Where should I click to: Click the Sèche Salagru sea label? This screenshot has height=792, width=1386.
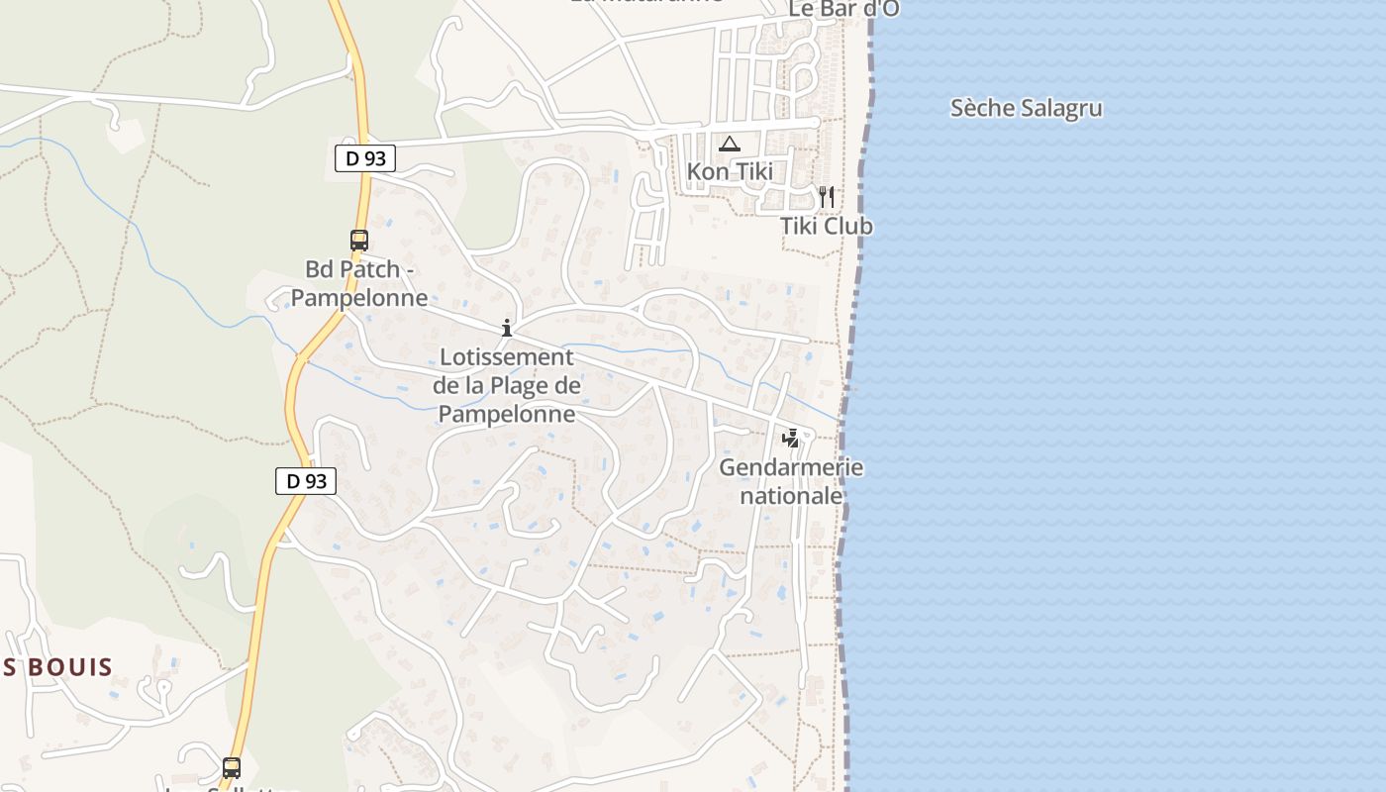point(1026,108)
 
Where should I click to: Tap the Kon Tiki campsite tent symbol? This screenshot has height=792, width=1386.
point(730,144)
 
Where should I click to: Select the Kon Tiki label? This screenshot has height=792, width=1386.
point(730,171)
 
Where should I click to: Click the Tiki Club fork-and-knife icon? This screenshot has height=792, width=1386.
point(827,197)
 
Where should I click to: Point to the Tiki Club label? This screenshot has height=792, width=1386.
point(827,226)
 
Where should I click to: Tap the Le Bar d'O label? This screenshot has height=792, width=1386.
point(843,9)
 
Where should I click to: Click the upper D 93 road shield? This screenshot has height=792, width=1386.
point(365,157)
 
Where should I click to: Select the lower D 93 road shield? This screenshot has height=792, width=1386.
point(306,481)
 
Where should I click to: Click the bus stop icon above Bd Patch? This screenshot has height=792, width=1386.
point(359,241)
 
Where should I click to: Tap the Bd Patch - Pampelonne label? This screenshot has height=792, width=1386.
point(359,283)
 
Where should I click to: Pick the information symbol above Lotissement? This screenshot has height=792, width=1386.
point(507,328)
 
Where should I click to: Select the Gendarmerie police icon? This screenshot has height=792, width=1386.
point(790,438)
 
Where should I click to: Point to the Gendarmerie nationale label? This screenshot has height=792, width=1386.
point(791,481)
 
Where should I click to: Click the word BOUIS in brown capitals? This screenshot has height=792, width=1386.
point(70,666)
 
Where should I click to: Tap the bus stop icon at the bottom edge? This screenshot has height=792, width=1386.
point(232,767)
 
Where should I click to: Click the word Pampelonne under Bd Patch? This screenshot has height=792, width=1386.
point(359,297)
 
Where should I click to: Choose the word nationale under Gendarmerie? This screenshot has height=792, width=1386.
point(791,495)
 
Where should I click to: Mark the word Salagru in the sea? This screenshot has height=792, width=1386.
point(1062,108)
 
